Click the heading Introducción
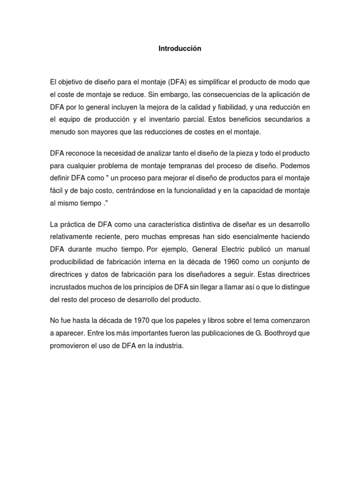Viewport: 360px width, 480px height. coord(180,49)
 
